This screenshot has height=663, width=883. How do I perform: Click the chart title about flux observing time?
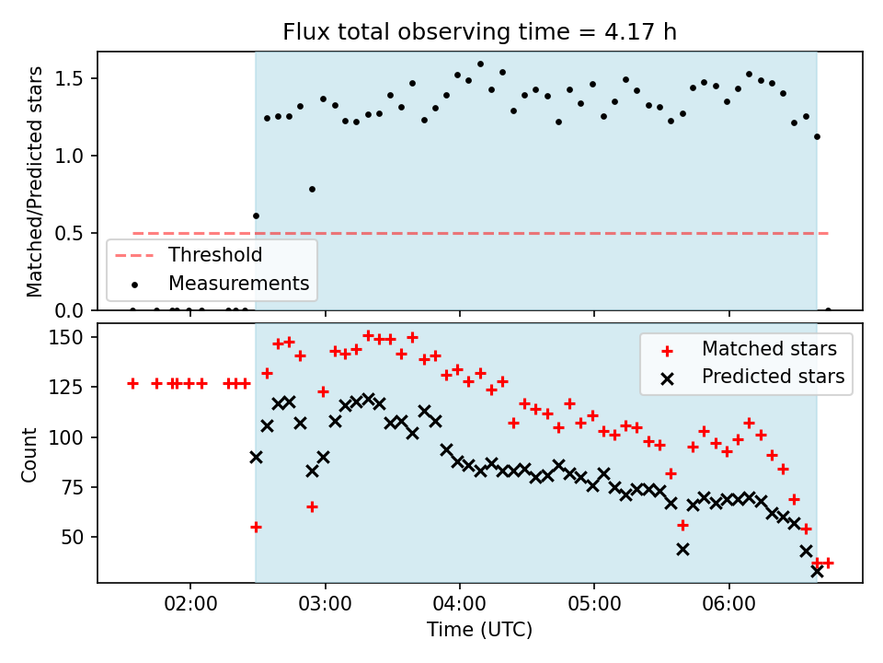pyautogui.click(x=479, y=32)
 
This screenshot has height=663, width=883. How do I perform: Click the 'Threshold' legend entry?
pyautogui.click(x=189, y=255)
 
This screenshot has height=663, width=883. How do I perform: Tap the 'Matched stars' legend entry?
pyautogui.click(x=749, y=349)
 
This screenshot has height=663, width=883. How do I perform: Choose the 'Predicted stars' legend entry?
pyautogui.click(x=752, y=377)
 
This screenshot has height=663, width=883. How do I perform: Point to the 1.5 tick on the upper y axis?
pyautogui.click(x=69, y=78)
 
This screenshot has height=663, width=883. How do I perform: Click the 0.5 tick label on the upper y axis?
pyautogui.click(x=69, y=233)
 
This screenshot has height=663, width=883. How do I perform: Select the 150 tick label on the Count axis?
pyautogui.click(x=66, y=338)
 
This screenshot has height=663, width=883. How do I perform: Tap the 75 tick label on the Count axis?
pyautogui.click(x=72, y=488)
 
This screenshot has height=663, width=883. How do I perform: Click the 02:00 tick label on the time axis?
pyautogui.click(x=190, y=604)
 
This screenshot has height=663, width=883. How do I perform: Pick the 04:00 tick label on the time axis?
pyautogui.click(x=460, y=604)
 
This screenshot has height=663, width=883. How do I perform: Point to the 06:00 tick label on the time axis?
pyautogui.click(x=728, y=604)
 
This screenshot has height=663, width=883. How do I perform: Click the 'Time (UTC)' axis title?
pyautogui.click(x=479, y=629)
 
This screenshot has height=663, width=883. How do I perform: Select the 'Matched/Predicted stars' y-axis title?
pyautogui.click(x=34, y=181)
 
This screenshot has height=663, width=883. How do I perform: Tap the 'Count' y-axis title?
pyautogui.click(x=29, y=455)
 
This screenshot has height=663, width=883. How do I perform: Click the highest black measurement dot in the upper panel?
pyautogui.click(x=480, y=64)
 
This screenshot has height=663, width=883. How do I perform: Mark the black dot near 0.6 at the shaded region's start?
pyautogui.click(x=256, y=215)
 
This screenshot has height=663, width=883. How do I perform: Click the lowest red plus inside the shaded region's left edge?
pyautogui.click(x=256, y=527)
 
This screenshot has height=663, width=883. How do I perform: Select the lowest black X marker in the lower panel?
pyautogui.click(x=817, y=572)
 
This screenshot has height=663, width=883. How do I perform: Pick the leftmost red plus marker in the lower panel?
pyautogui.click(x=132, y=384)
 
